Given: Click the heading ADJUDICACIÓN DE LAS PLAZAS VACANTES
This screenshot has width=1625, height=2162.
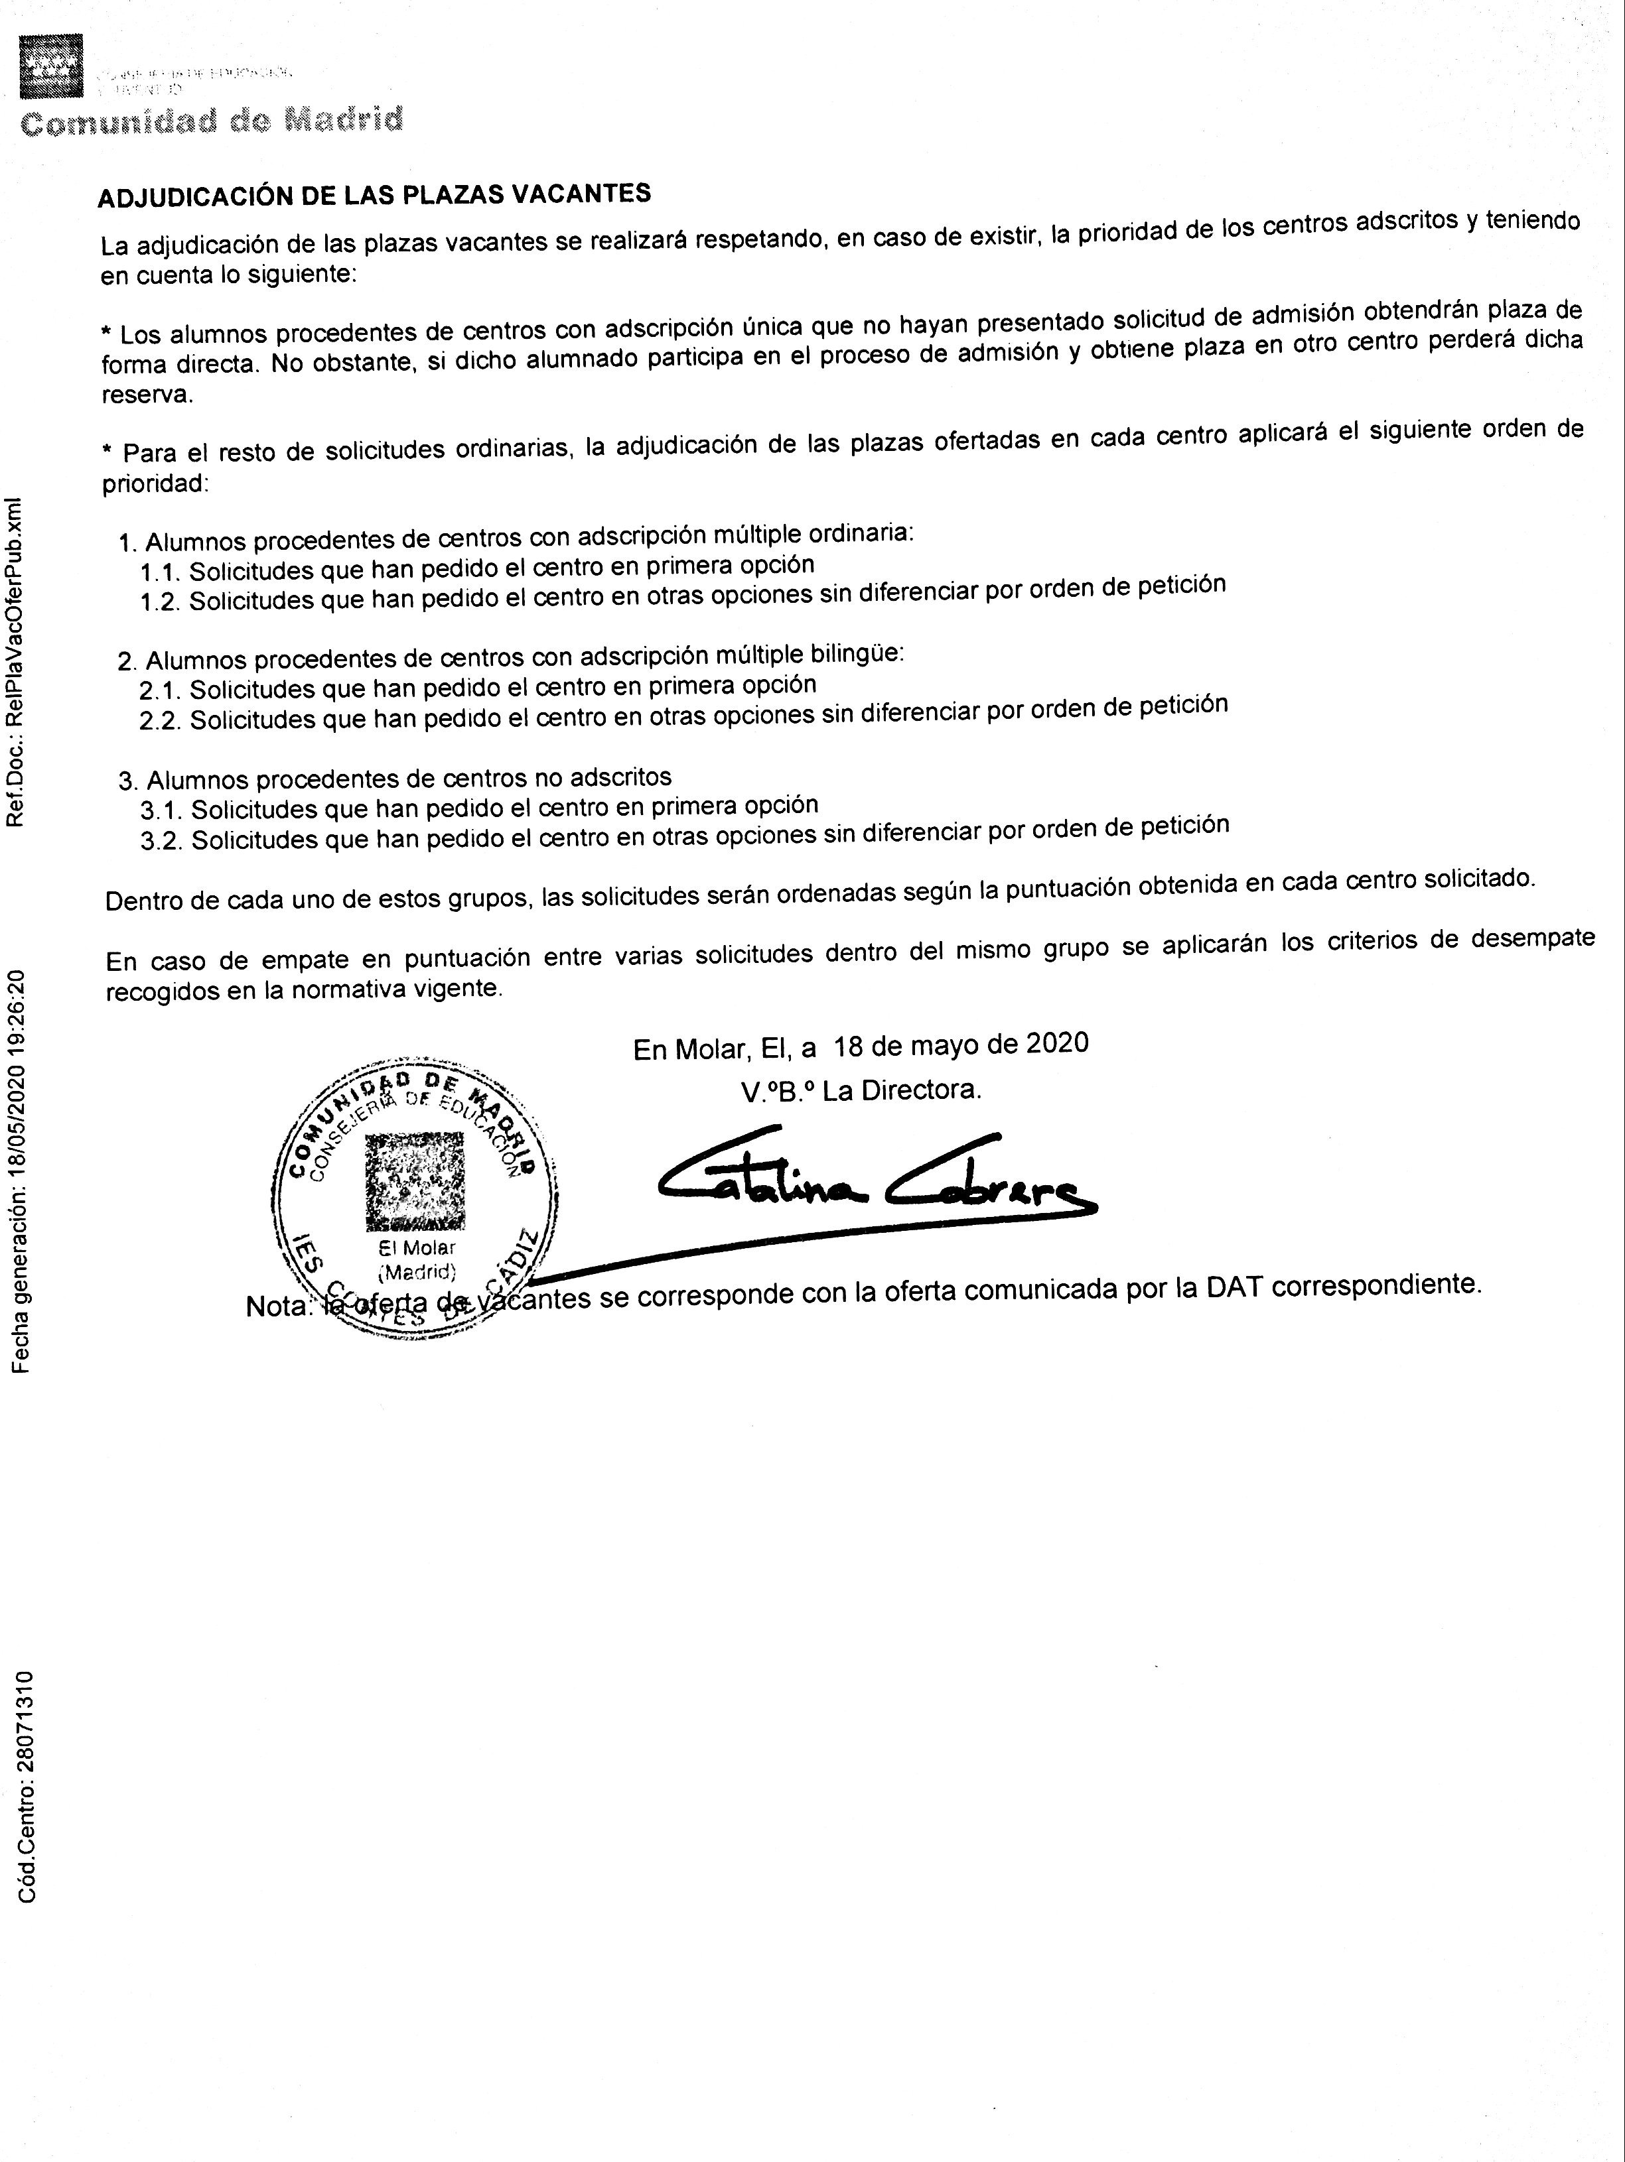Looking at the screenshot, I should [374, 194].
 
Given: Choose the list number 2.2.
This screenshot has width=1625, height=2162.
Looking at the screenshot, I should [161, 722].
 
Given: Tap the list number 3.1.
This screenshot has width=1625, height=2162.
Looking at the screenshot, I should [161, 810].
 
